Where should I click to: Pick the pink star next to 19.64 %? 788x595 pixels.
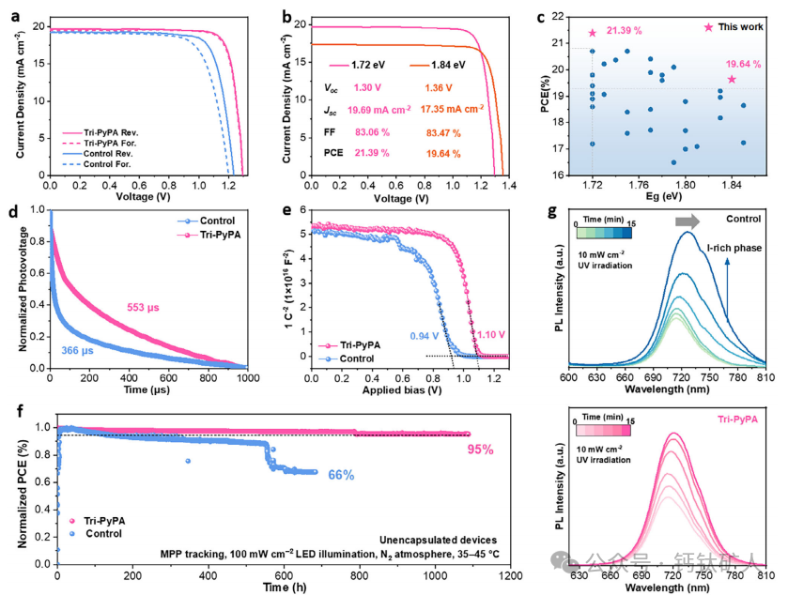(x=732, y=80)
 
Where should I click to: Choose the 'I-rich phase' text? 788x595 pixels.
(x=733, y=250)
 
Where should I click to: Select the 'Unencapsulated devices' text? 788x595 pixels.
(x=442, y=540)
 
